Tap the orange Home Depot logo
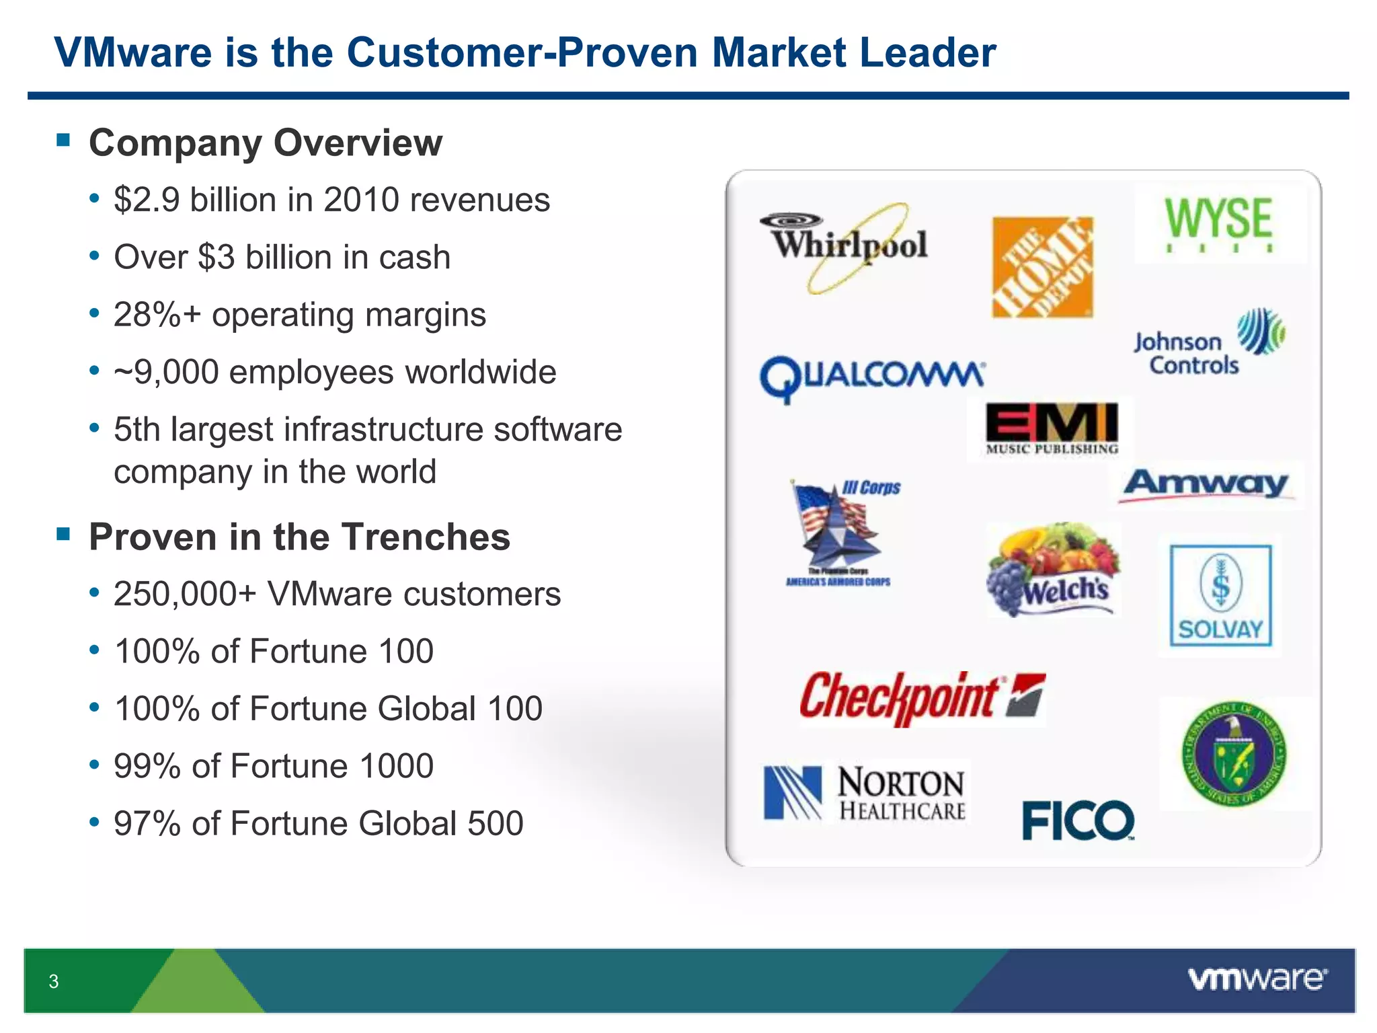(x=1042, y=267)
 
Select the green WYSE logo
(x=1218, y=222)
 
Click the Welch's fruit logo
(x=1052, y=570)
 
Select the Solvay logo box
(x=1220, y=596)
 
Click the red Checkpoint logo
(x=921, y=697)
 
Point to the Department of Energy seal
(x=1233, y=753)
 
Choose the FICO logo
(x=1077, y=820)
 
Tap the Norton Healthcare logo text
(x=901, y=794)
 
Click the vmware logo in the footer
(x=1257, y=979)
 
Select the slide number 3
(x=54, y=981)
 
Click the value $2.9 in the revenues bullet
(x=147, y=200)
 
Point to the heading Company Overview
(x=266, y=143)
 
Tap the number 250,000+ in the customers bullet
(x=185, y=595)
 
